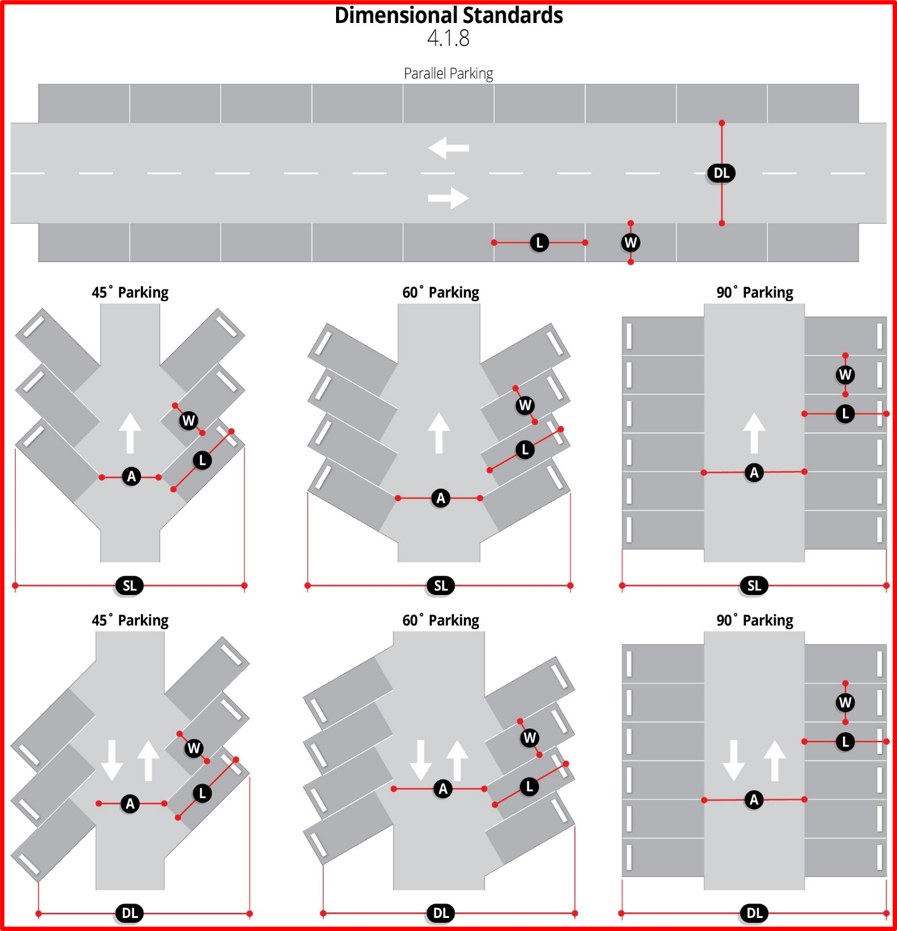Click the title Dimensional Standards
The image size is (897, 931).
448,15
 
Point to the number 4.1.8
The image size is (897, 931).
448,39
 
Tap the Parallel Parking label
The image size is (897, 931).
448,73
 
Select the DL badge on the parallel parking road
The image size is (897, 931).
721,173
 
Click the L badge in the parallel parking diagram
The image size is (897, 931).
539,243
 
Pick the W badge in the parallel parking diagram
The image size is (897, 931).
631,243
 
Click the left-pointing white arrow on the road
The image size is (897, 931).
448,148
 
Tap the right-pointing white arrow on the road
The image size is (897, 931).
448,198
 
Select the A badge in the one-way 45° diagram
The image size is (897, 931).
131,476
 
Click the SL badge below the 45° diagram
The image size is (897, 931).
129,586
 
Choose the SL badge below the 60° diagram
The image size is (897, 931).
440,586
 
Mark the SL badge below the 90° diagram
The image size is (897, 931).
754,586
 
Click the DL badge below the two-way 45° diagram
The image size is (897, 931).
129,913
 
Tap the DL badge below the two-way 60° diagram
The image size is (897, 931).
440,913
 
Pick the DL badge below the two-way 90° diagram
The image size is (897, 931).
754,913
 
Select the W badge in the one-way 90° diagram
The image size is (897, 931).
845,375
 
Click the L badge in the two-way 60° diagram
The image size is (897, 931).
529,787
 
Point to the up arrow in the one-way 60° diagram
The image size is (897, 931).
439,433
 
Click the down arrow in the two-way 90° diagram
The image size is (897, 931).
734,760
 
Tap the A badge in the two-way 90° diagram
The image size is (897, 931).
754,799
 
